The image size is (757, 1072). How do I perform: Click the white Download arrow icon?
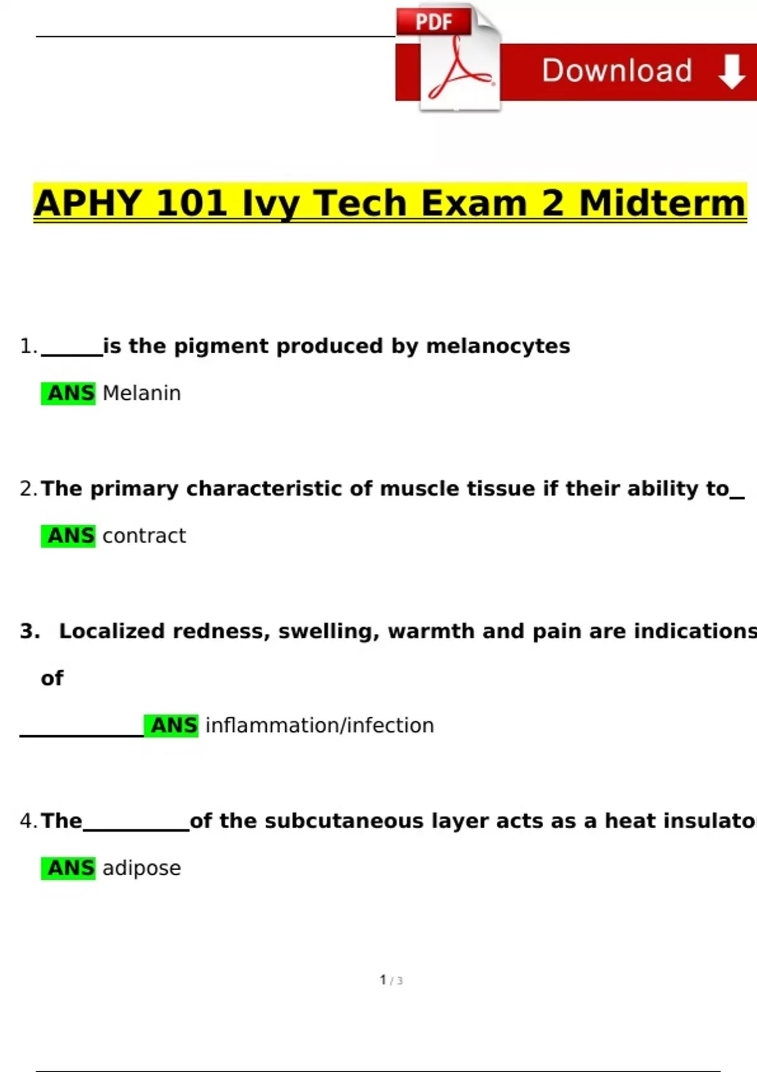pyautogui.click(x=732, y=71)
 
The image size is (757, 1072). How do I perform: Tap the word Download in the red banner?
pyautogui.click(x=617, y=71)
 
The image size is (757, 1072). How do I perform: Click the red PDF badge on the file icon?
pyautogui.click(x=433, y=21)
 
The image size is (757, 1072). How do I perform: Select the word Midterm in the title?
pyautogui.click(x=662, y=203)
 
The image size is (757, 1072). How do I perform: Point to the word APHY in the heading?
pyautogui.click(x=88, y=203)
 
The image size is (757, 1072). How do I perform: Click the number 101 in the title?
pyautogui.click(x=192, y=203)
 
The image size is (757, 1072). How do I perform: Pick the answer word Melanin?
pyautogui.click(x=142, y=393)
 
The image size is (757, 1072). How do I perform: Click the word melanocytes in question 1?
pyautogui.click(x=498, y=346)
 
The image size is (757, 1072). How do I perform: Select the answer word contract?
pyautogui.click(x=144, y=535)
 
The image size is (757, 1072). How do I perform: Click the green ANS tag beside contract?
pyautogui.click(x=68, y=536)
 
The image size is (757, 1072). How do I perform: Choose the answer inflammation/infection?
pyautogui.click(x=320, y=725)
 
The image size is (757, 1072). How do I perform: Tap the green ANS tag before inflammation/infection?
pyautogui.click(x=171, y=726)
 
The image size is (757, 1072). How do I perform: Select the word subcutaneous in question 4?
pyautogui.click(x=344, y=821)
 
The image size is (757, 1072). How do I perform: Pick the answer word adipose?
pyautogui.click(x=142, y=868)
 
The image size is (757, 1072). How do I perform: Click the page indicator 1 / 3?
pyautogui.click(x=391, y=980)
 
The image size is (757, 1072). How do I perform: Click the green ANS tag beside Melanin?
pyautogui.click(x=68, y=393)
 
